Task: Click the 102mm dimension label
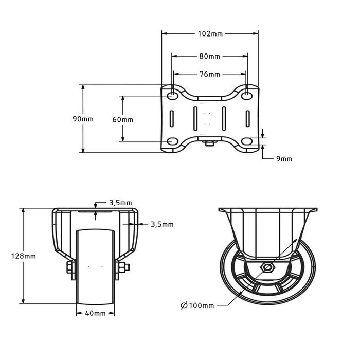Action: point(210,34)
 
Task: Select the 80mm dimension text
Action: point(210,56)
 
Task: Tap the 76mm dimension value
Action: point(210,74)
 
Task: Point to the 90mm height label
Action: point(83,119)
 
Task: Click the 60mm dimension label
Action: point(122,119)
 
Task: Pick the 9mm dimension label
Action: point(284,159)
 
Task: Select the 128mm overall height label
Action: point(25,256)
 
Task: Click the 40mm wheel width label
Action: point(95,313)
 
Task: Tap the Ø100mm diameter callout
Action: point(197,305)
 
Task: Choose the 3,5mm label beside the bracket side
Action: point(163,224)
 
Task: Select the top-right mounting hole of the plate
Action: point(247,96)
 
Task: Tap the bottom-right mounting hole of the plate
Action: point(247,141)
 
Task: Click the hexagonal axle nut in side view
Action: point(267,267)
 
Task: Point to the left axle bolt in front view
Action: point(69,267)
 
